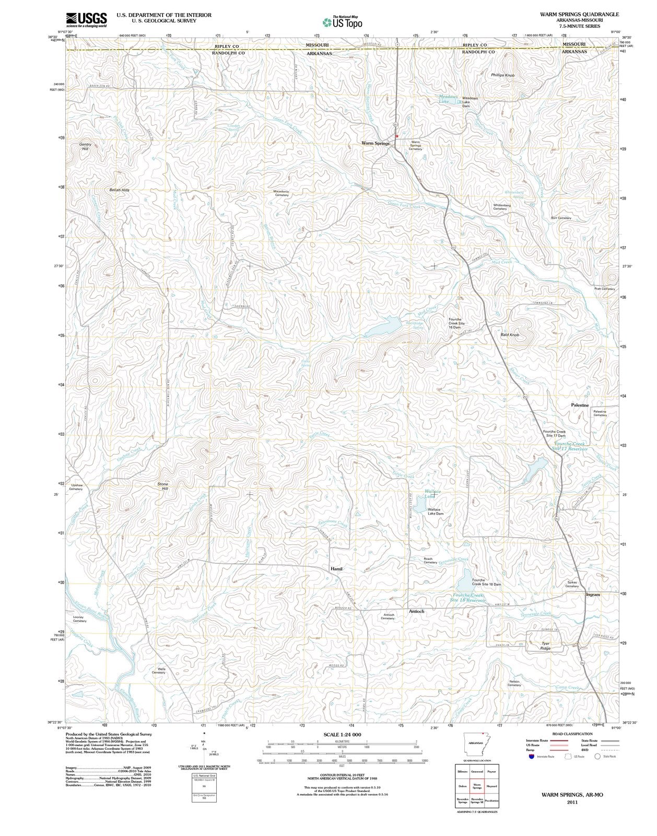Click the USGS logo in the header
[x=87, y=20]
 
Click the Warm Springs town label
[x=376, y=143]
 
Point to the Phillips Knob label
[x=502, y=75]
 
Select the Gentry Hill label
[x=85, y=146]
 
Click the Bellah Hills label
[x=119, y=190]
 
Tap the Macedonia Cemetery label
[x=281, y=193]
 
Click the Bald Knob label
[x=510, y=334]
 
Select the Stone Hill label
[x=163, y=486]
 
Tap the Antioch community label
[x=416, y=611]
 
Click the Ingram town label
[x=593, y=595]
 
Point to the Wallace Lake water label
[x=432, y=494]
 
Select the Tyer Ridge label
[x=546, y=646]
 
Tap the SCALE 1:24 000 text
[x=342, y=734]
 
